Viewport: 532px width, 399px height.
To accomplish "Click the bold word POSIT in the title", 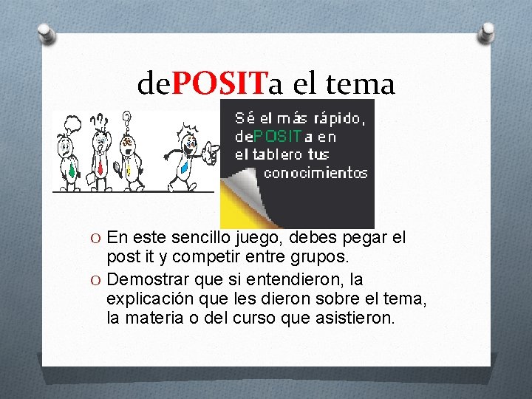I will pyautogui.click(x=219, y=84).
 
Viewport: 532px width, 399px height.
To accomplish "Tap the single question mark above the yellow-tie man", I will pyautogui.click(x=126, y=117).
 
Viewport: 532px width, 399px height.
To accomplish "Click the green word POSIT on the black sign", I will pyautogui.click(x=278, y=136).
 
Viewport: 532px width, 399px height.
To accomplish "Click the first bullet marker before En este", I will pyautogui.click(x=97, y=239).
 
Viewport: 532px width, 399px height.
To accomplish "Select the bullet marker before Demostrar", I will pyautogui.click(x=97, y=280).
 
